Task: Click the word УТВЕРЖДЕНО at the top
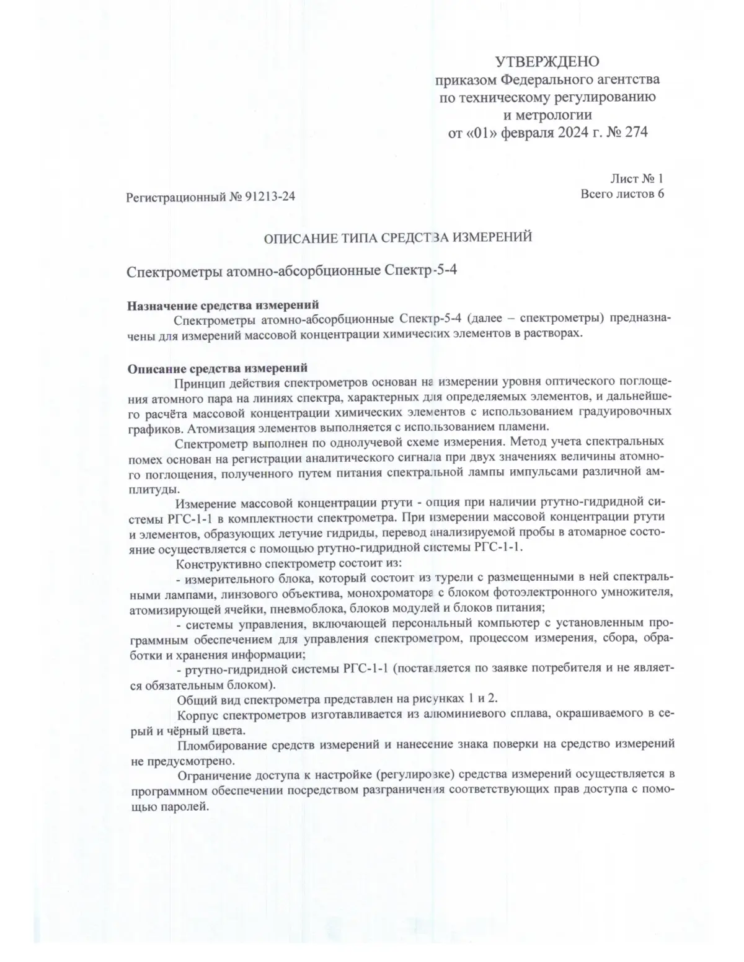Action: (x=547, y=61)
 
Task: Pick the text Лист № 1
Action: (x=637, y=179)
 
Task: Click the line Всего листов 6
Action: (x=622, y=194)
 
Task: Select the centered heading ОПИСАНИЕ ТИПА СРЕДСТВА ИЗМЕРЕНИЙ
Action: (x=397, y=237)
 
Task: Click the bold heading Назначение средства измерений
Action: (x=223, y=305)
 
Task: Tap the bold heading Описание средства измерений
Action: (x=218, y=369)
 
